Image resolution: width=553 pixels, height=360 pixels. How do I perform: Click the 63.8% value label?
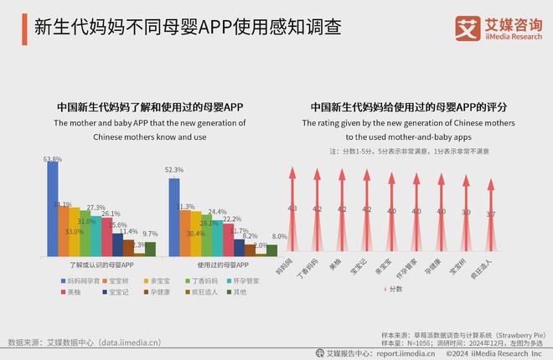[x=52, y=159]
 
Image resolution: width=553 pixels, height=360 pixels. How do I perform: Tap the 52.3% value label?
[x=174, y=170]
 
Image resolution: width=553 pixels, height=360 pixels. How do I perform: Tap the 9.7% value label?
[x=150, y=234]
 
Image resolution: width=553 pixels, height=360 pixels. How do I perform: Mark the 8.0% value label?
[x=280, y=237]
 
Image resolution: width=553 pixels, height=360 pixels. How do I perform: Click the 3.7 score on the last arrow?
[x=491, y=214]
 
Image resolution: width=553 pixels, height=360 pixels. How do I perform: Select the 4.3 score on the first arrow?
[x=292, y=208]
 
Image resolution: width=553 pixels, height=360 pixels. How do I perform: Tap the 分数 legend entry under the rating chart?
[x=393, y=289]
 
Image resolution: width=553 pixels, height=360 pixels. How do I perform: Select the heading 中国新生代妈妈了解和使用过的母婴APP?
[x=150, y=107]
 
